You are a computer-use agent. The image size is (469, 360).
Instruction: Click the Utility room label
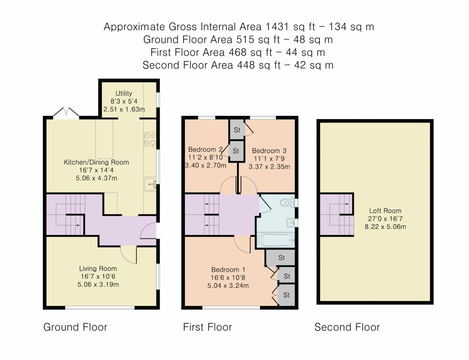tap(124, 93)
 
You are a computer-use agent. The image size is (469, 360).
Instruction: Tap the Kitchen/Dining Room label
tap(96, 162)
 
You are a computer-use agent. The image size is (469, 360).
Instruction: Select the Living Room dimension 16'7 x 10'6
tap(98, 276)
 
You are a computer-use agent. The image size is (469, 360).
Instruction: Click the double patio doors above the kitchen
tap(66, 113)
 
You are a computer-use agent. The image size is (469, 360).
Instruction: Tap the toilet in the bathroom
tap(288, 202)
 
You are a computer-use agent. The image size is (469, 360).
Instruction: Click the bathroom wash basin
tap(290, 222)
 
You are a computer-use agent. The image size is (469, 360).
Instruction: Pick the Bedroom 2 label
tap(205, 149)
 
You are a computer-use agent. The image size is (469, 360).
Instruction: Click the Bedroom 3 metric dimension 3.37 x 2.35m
tap(269, 167)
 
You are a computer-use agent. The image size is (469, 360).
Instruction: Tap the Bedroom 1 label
tap(228, 270)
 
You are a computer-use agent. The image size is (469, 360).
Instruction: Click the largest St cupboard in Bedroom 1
tap(281, 258)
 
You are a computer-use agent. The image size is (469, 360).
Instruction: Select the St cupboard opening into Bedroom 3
tap(237, 130)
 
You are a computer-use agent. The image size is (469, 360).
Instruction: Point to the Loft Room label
tap(385, 211)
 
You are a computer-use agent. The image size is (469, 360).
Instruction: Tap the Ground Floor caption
tap(75, 327)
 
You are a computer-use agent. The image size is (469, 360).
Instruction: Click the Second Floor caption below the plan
tap(347, 327)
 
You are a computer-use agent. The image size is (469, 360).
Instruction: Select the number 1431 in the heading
tap(277, 27)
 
